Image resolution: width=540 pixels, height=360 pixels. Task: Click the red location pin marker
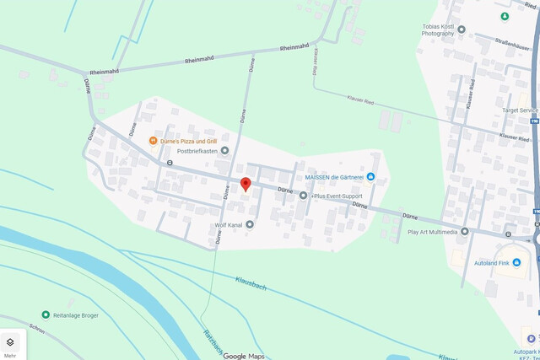(246, 185)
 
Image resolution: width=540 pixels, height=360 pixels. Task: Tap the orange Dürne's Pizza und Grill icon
(153, 140)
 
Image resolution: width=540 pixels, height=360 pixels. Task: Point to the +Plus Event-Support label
(342, 196)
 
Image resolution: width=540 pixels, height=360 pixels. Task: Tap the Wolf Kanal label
(228, 225)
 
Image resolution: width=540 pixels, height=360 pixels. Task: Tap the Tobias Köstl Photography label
(443, 32)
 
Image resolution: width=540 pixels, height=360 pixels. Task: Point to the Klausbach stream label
(251, 282)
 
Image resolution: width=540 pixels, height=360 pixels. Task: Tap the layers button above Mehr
(10, 342)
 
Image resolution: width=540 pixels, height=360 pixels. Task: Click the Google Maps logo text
(244, 356)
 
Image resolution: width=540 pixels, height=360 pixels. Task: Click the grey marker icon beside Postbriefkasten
(224, 151)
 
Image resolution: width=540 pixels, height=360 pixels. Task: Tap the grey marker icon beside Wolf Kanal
(250, 224)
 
